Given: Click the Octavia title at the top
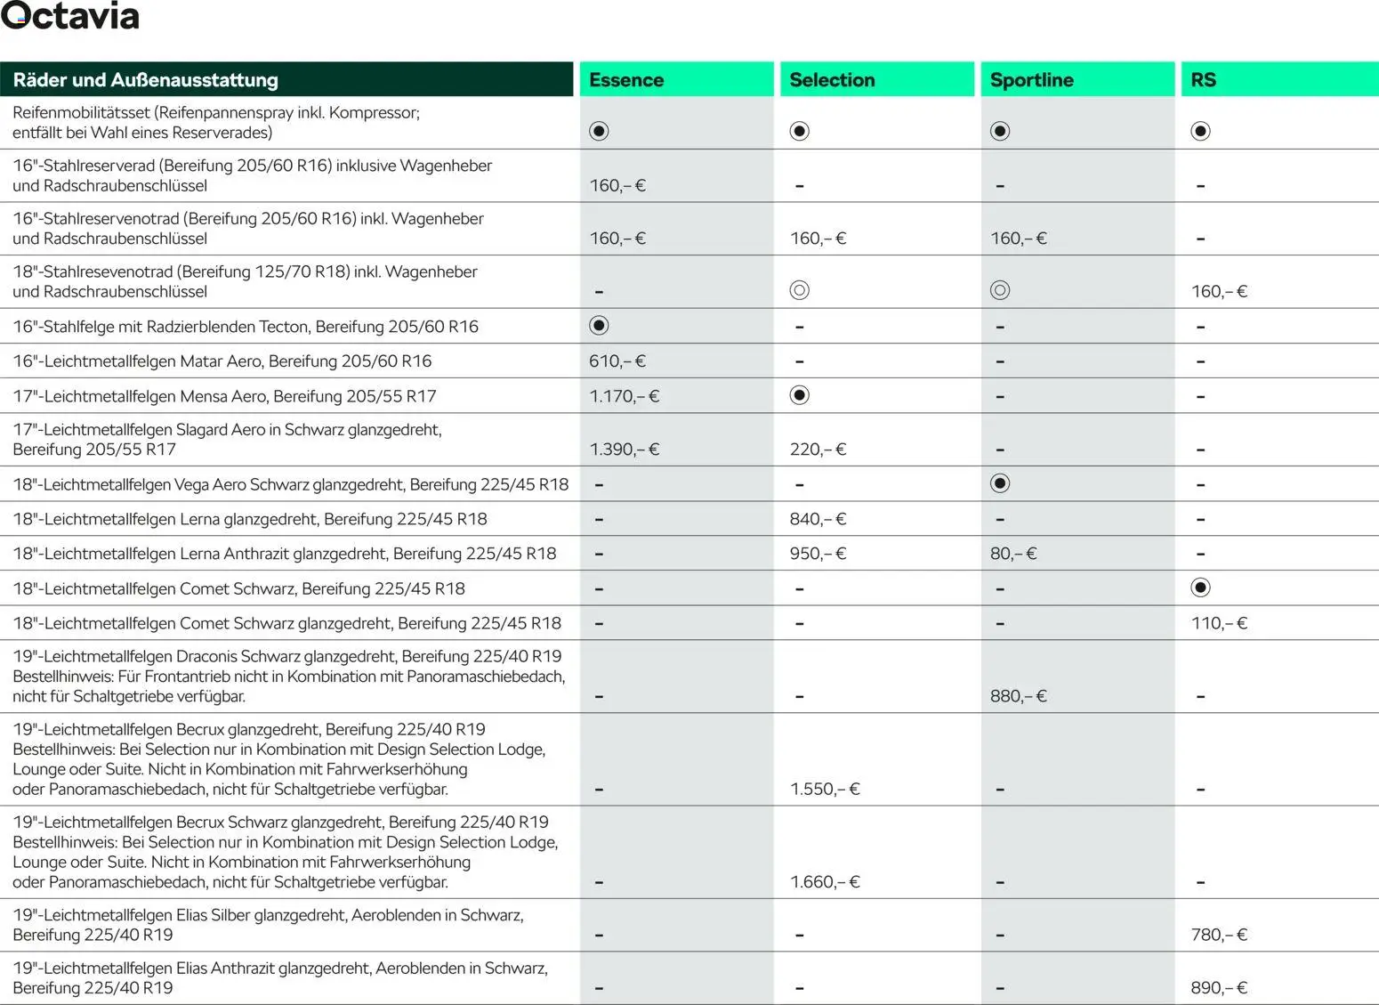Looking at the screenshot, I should pyautogui.click(x=70, y=17).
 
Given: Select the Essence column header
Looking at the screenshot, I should pyautogui.click(x=626, y=80).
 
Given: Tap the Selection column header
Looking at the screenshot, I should pyautogui.click(x=832, y=80).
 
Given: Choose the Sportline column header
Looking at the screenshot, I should pyautogui.click(x=1031, y=80).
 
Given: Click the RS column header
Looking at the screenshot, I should pyautogui.click(x=1203, y=80).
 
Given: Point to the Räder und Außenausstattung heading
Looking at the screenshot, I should pyautogui.click(x=145, y=80).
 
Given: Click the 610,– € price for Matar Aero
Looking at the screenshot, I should pyautogui.click(x=617, y=361).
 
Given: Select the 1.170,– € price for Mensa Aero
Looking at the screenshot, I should pyautogui.click(x=624, y=396).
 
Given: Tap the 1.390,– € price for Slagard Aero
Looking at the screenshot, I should pyautogui.click(x=624, y=450).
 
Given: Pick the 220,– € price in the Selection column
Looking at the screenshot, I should pyautogui.click(x=818, y=450).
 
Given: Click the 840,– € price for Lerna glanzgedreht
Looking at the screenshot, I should pyautogui.click(x=818, y=519).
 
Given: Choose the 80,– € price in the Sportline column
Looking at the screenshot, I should pyautogui.click(x=1013, y=554).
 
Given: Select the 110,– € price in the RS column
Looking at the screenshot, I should pyautogui.click(x=1219, y=623).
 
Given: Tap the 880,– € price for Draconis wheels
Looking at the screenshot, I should pyautogui.click(x=1018, y=696).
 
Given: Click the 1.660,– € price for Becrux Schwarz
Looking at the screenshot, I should pyautogui.click(x=825, y=882).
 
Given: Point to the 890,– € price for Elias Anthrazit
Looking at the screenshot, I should pyautogui.click(x=1219, y=987).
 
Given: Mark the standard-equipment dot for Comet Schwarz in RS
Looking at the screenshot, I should pyautogui.click(x=1200, y=588).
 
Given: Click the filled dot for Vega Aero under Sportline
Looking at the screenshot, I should pyautogui.click(x=1000, y=483).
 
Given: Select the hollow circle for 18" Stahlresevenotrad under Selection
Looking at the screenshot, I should pyautogui.click(x=799, y=290).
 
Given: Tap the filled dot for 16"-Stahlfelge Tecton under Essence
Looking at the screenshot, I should pyautogui.click(x=599, y=326).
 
